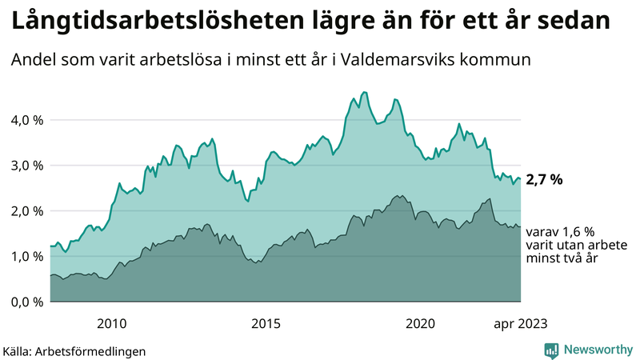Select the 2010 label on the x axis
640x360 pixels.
111,323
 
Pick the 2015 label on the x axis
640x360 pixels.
266,323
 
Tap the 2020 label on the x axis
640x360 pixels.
421,323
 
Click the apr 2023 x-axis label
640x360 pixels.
519,323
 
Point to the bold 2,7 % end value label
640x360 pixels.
545,180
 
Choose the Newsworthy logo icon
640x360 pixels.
551,350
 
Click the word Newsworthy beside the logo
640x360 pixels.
596,350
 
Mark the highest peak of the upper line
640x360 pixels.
365,92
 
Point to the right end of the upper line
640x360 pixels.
521,178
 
